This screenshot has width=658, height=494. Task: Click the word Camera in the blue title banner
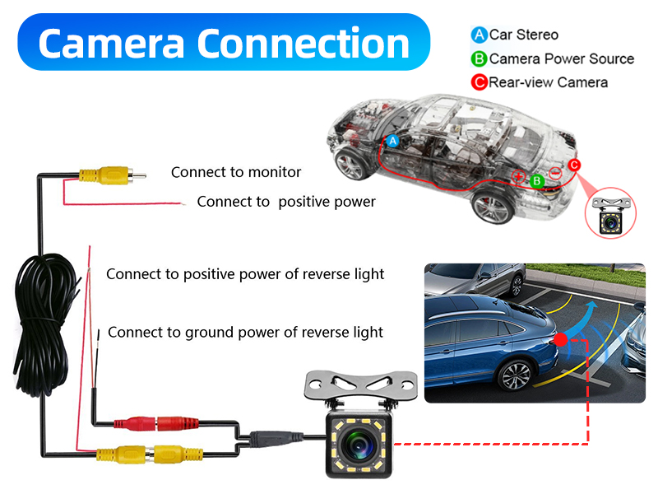111,44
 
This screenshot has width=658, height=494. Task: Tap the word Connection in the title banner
303,43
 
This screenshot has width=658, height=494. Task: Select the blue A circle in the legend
479,35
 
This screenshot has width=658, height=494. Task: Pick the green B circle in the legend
479,58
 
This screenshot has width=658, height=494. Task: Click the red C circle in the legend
479,82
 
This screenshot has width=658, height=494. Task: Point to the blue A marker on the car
393,141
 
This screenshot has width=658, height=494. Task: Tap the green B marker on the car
537,181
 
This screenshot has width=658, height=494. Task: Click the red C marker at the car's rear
574,165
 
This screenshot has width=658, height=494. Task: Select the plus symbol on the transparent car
519,176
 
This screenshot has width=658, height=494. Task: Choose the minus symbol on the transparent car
555,173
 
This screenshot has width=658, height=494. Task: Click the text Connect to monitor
236,172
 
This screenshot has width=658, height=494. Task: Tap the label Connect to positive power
286,202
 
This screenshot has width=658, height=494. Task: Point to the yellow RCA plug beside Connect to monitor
113,175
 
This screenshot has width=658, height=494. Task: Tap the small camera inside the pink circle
610,215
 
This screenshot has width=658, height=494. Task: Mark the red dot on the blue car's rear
561,339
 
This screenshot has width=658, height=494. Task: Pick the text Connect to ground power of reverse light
245,333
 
